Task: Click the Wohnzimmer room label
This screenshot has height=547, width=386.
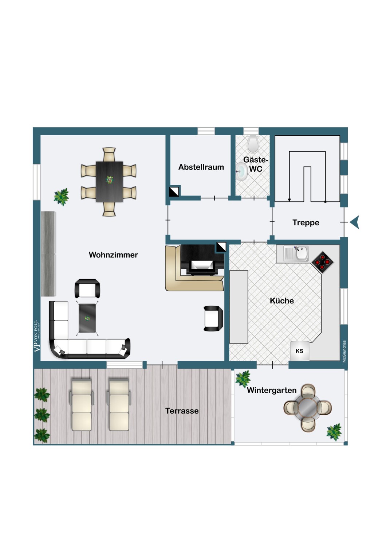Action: [x=113, y=255]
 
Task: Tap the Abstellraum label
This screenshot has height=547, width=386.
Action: [x=201, y=167]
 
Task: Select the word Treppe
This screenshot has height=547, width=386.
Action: [x=306, y=223]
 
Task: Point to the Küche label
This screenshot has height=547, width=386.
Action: [x=281, y=301]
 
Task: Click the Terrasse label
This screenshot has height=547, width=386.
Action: [x=182, y=411]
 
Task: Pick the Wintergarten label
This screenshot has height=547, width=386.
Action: [x=272, y=391]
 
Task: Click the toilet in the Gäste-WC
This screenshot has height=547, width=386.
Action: [x=253, y=144]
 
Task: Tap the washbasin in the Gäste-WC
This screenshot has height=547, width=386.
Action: [x=241, y=171]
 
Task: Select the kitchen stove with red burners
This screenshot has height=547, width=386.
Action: [x=323, y=262]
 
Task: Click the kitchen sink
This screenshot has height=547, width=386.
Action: [x=302, y=253]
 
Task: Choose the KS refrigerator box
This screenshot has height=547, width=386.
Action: [x=299, y=351]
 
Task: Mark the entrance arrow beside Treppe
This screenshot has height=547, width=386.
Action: [x=355, y=222]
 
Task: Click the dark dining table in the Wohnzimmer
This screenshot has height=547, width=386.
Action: [x=109, y=181]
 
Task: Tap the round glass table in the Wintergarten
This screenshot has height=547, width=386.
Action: [x=308, y=408]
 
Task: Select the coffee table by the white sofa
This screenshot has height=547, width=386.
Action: [x=87, y=318]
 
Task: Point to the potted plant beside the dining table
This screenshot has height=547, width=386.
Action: [x=61, y=197]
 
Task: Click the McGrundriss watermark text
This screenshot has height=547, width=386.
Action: [x=344, y=351]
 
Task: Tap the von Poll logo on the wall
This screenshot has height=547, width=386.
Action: [x=36, y=336]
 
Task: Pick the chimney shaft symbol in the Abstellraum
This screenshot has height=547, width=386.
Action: [x=174, y=192]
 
